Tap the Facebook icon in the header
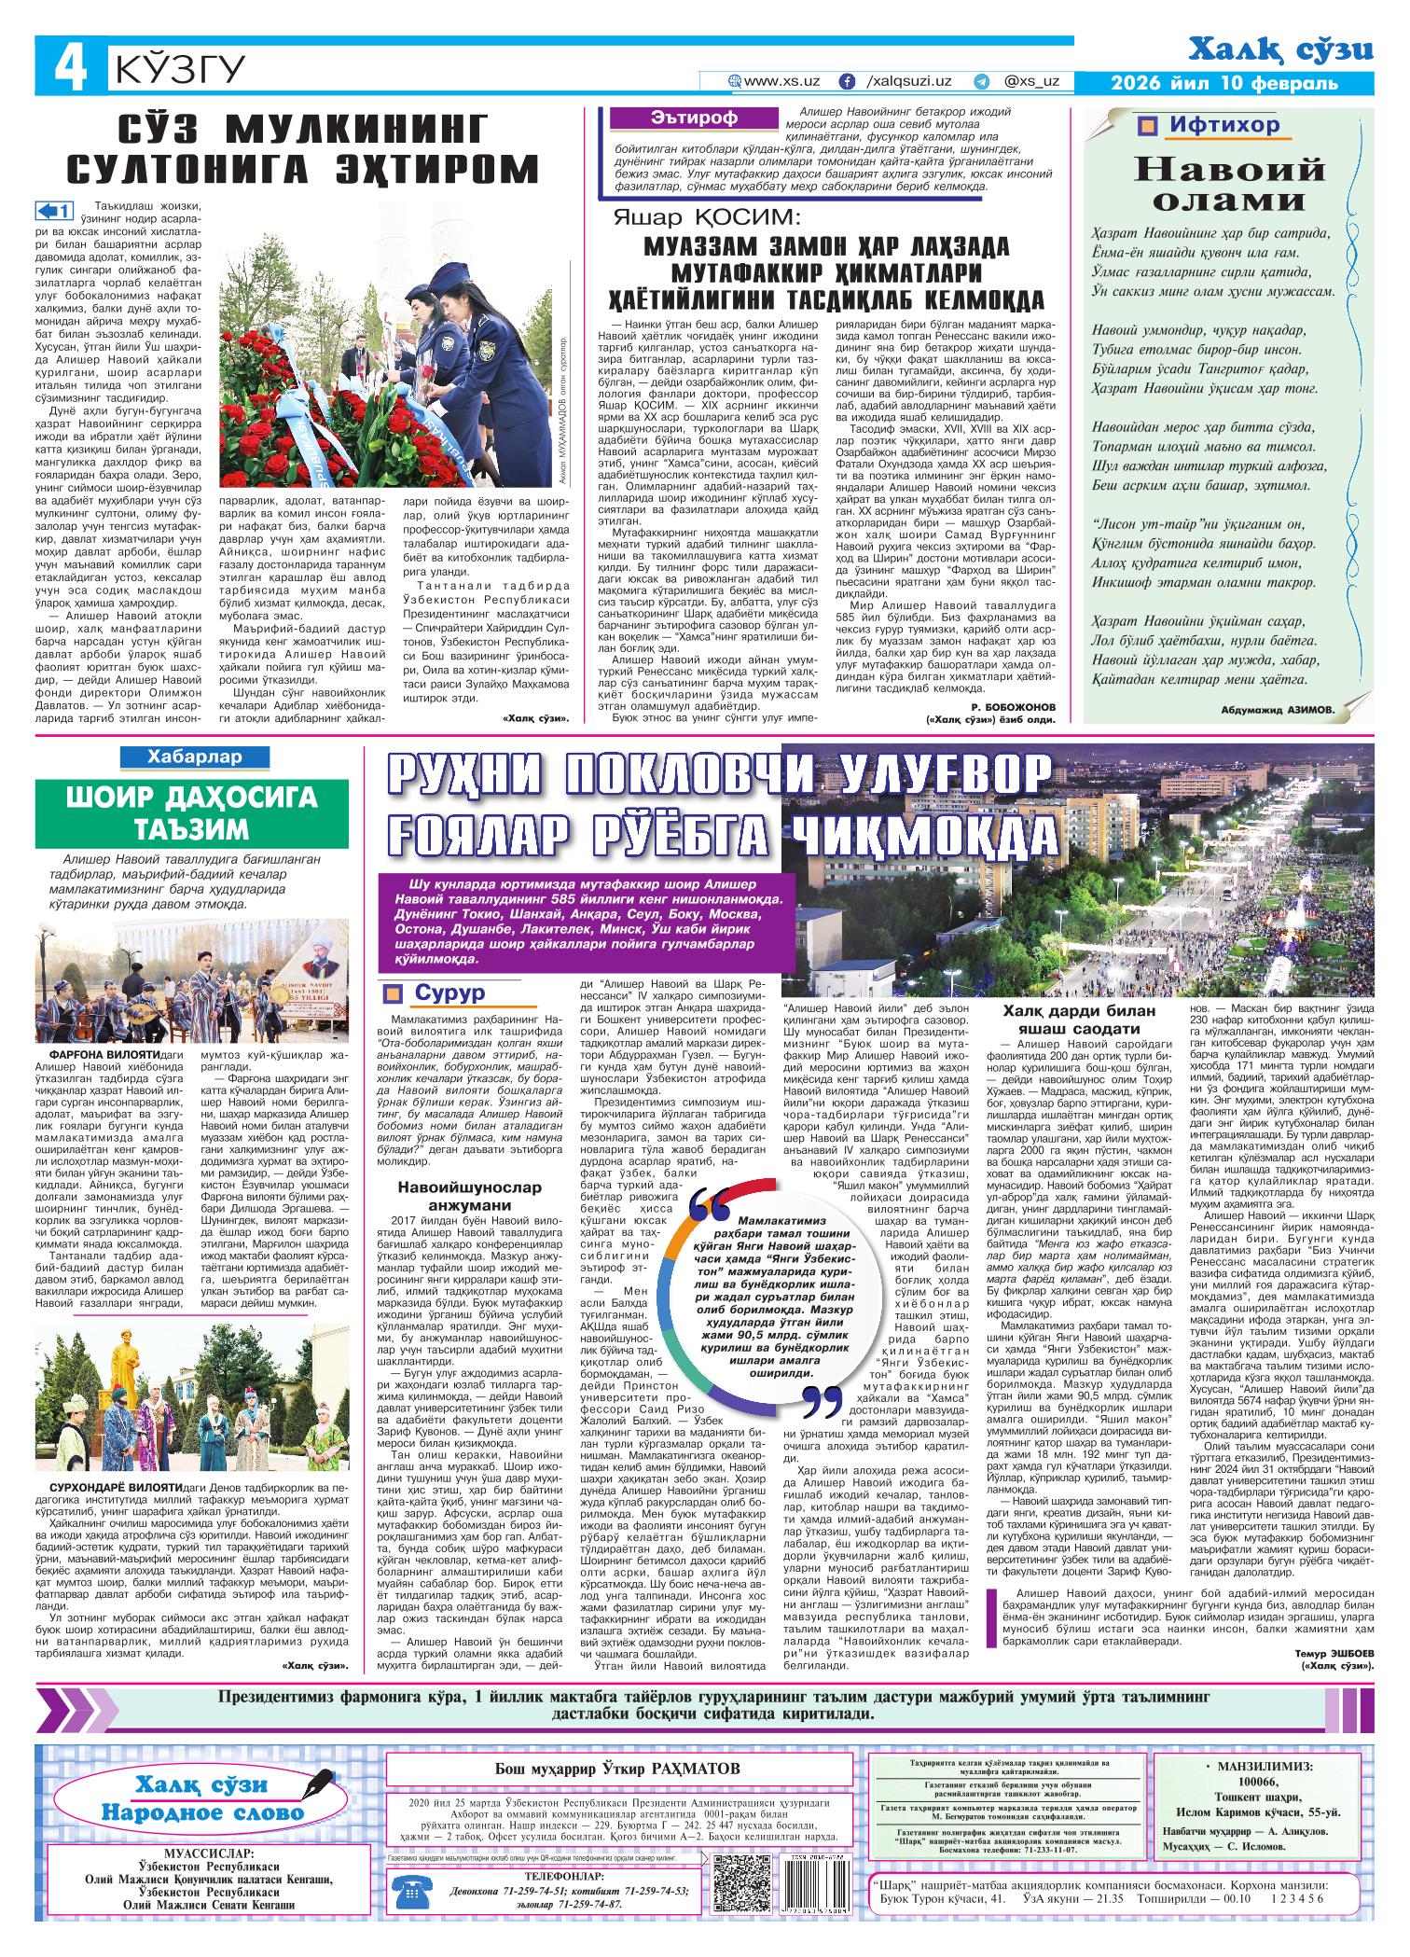point(847,82)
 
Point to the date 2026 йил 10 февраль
point(1224,84)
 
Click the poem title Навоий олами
point(1228,184)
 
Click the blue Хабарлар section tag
point(194,757)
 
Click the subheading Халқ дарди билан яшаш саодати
point(1078,1020)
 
